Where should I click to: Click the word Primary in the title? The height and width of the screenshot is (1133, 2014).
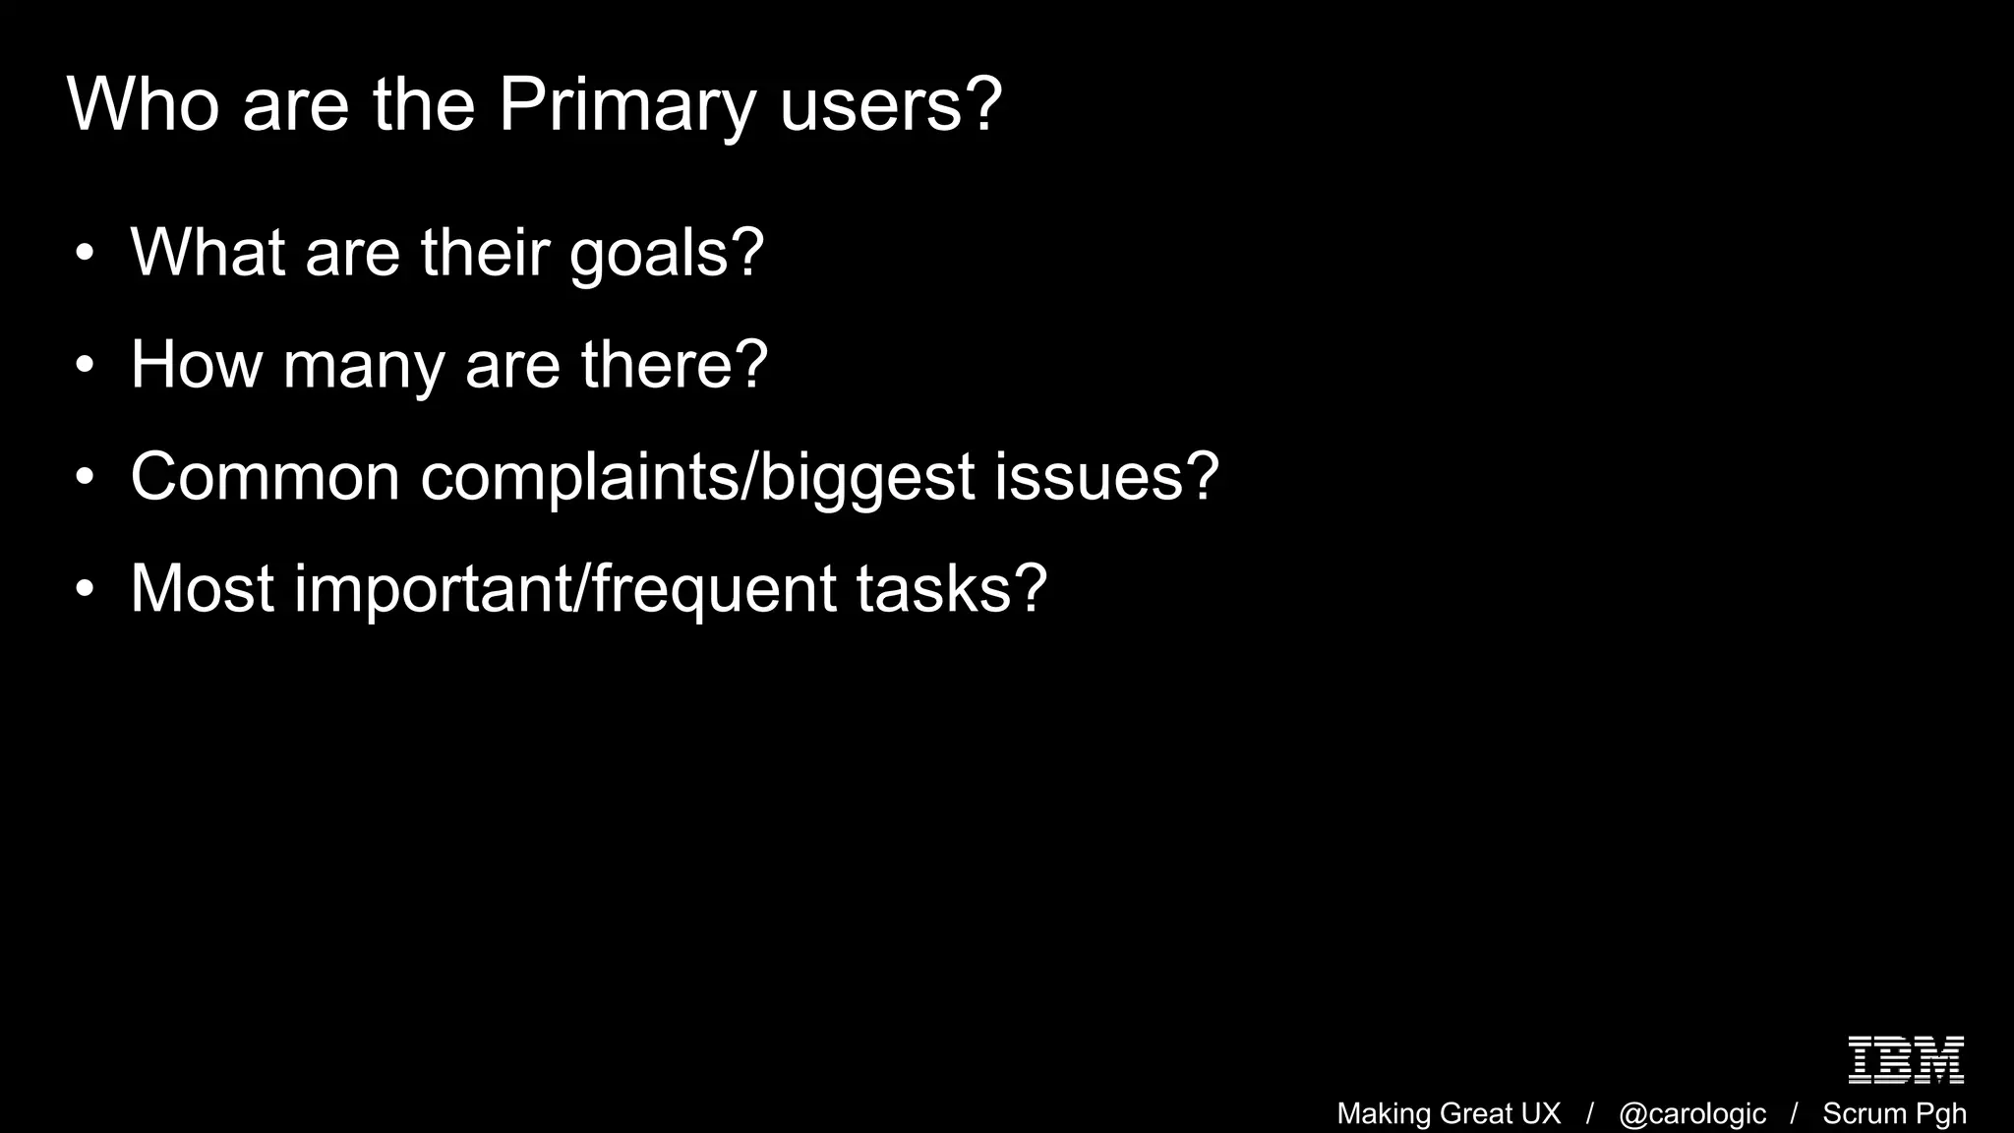coord(627,104)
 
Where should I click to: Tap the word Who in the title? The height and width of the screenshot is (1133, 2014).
coord(143,104)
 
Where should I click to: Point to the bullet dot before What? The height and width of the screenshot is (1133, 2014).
coord(85,254)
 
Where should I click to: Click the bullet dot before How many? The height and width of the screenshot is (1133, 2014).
coord(85,366)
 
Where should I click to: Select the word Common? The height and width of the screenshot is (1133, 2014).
coord(265,477)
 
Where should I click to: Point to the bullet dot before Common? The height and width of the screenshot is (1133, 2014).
coord(85,478)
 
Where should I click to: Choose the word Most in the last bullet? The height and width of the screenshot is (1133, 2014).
coord(202,589)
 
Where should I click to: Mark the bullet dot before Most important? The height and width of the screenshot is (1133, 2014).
coord(85,590)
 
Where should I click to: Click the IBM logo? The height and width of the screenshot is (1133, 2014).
coord(1906,1059)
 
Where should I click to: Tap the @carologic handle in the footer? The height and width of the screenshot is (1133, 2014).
coord(1691,1113)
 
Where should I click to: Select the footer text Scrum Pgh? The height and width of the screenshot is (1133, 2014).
coord(1894,1113)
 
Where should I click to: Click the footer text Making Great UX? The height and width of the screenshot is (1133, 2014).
coord(1449,1113)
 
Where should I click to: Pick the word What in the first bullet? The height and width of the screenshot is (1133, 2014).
coord(207,253)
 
